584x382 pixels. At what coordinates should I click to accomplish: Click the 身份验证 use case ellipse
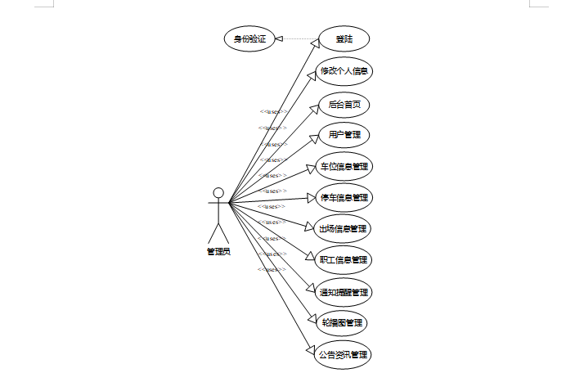click(249, 38)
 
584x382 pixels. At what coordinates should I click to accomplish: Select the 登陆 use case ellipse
click(344, 38)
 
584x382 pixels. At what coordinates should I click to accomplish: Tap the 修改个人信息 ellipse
click(344, 71)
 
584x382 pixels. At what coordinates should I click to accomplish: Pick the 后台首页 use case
click(344, 105)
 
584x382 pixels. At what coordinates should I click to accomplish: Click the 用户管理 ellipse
click(344, 135)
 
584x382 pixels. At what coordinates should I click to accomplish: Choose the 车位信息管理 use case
click(344, 166)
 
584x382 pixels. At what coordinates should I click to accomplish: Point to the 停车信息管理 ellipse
click(344, 197)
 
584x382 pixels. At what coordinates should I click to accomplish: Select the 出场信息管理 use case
click(344, 228)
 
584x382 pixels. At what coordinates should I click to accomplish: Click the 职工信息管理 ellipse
click(344, 259)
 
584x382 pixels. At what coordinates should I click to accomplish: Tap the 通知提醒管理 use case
click(344, 291)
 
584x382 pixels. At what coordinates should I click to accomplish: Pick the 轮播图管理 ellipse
click(344, 322)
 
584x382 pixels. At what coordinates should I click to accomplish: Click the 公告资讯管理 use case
click(344, 354)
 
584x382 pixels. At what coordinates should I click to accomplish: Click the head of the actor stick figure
click(218, 193)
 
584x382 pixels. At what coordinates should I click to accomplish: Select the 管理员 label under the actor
click(218, 251)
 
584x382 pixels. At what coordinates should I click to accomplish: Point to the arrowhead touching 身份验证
click(280, 38)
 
